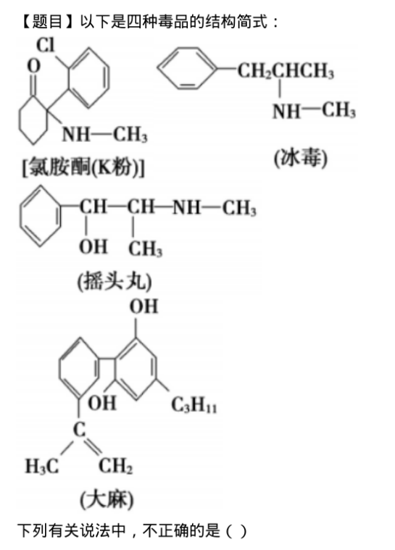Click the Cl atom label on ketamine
tap(46, 45)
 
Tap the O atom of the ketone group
tap(33, 66)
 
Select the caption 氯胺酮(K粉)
tap(83, 167)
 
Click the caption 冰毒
tap(301, 158)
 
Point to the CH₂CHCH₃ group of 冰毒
tap(286, 70)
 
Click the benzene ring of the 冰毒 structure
tap(186, 68)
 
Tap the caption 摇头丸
tap(115, 281)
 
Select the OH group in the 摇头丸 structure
tap(93, 246)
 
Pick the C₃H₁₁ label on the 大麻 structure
tap(194, 405)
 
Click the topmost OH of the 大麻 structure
tap(144, 306)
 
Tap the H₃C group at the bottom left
tap(42, 467)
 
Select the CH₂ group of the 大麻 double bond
tap(115, 466)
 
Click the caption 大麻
tap(107, 499)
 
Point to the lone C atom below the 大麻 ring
tap(80, 429)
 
